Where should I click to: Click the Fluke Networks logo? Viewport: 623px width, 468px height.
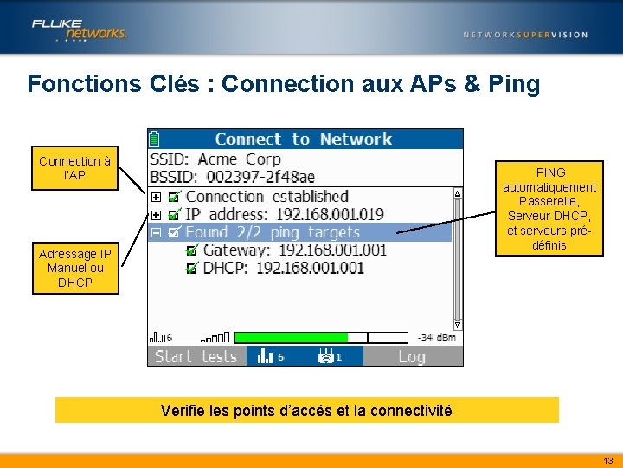pyautogui.click(x=80, y=29)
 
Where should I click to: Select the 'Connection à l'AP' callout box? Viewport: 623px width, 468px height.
pyautogui.click(x=74, y=168)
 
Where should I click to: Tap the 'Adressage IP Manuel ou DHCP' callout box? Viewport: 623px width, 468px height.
pyautogui.click(x=74, y=268)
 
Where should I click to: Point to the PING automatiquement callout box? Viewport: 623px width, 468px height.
pyautogui.click(x=549, y=208)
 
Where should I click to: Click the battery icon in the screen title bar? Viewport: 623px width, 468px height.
pyautogui.click(x=154, y=139)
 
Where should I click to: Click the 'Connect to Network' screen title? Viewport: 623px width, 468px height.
pyautogui.click(x=303, y=139)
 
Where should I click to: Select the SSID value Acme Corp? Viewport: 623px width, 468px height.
pyautogui.click(x=239, y=159)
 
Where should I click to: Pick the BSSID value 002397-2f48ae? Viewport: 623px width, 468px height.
pyautogui.click(x=259, y=177)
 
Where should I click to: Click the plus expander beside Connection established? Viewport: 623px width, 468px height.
pyautogui.click(x=157, y=198)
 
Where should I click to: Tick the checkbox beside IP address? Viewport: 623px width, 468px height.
pyautogui.click(x=175, y=215)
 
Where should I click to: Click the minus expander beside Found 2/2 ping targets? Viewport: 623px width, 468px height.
pyautogui.click(x=157, y=232)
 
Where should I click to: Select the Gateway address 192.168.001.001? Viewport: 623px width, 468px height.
pyautogui.click(x=332, y=250)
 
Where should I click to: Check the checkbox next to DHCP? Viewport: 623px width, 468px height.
pyautogui.click(x=192, y=269)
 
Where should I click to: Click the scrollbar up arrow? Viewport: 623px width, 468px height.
pyautogui.click(x=458, y=193)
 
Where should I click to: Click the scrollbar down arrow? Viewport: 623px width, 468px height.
pyautogui.click(x=458, y=325)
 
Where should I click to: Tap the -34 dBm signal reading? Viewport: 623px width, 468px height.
pyautogui.click(x=437, y=337)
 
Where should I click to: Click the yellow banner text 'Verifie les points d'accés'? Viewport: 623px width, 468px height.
pyautogui.click(x=306, y=411)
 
